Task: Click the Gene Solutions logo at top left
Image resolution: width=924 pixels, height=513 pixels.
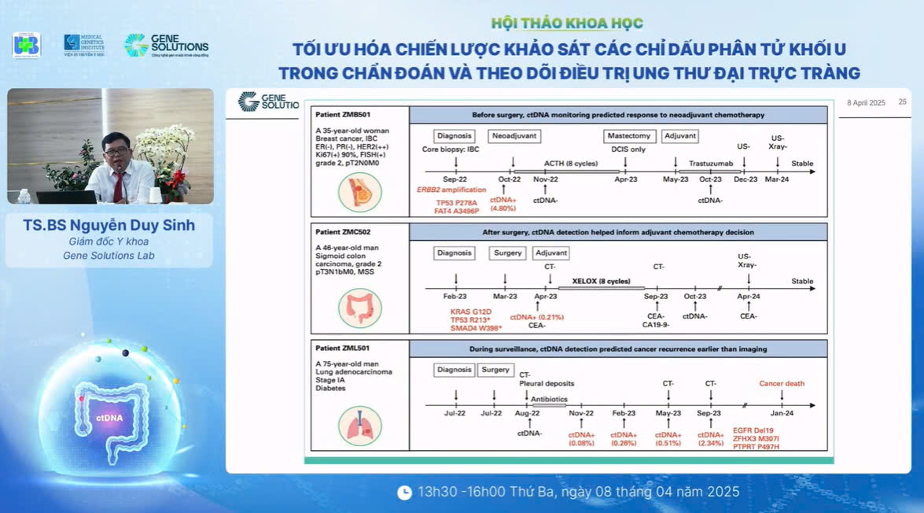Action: pos(166,46)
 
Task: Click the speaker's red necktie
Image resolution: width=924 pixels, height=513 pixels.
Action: pos(118,186)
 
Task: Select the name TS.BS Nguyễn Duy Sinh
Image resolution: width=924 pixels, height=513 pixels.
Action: pos(109,226)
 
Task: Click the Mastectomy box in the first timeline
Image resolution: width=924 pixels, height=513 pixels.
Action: pos(629,135)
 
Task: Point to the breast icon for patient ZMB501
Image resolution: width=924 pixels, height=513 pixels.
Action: pos(359,191)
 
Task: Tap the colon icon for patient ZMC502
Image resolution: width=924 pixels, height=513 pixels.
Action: pos(359,308)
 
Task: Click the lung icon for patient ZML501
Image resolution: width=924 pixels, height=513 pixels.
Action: pos(359,426)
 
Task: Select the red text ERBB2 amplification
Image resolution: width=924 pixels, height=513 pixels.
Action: pos(450,190)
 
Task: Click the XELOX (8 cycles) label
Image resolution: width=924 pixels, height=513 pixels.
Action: pos(602,281)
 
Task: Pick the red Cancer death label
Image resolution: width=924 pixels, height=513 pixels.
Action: pos(782,384)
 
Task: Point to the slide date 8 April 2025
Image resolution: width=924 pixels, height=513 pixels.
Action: pos(866,103)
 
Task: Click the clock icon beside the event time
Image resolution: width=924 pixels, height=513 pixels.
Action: pos(404,493)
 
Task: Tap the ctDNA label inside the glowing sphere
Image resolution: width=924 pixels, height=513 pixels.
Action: pos(109,418)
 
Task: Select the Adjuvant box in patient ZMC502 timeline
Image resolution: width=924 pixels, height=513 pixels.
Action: pos(550,253)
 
